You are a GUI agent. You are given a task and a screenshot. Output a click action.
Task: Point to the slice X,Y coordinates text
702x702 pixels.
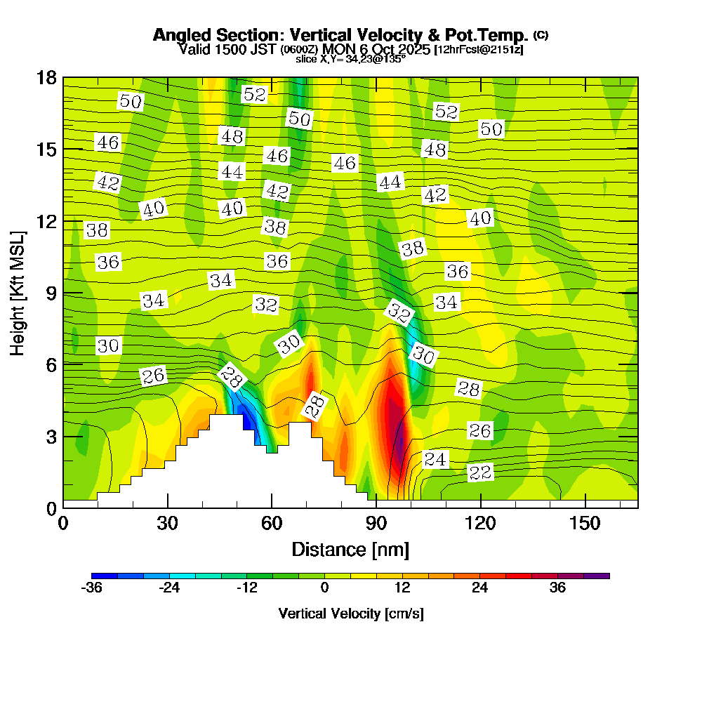[350, 60]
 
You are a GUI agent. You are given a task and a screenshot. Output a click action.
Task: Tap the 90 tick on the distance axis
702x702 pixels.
[376, 524]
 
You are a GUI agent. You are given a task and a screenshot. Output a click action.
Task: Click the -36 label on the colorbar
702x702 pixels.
[92, 588]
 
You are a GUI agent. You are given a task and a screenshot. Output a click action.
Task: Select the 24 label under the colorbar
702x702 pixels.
[479, 588]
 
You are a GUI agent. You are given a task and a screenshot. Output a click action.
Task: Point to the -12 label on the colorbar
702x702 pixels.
[246, 588]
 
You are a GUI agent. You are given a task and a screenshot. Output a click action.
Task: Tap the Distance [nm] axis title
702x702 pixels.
[350, 549]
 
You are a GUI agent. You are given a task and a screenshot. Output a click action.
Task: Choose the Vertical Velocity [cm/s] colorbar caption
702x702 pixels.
[350, 614]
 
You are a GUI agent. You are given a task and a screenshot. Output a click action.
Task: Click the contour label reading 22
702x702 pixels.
[480, 472]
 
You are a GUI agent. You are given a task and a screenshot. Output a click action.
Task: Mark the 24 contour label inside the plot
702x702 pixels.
[435, 460]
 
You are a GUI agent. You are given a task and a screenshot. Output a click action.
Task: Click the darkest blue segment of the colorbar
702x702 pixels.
[98, 576]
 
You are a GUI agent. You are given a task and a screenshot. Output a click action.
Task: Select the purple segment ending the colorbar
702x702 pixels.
[602, 576]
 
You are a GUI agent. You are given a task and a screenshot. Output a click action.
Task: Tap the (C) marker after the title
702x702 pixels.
[541, 34]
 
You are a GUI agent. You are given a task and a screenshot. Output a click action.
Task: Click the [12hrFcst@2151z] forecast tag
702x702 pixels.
[479, 50]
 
